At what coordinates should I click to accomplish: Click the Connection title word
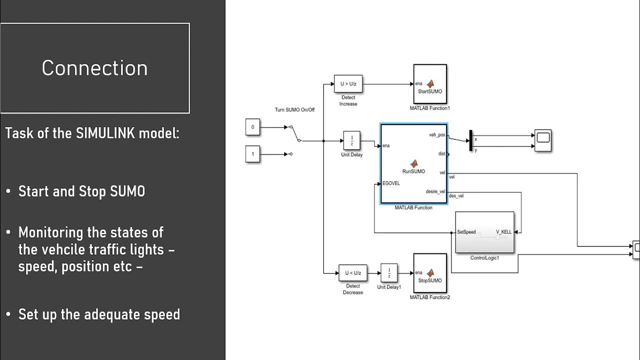(94, 68)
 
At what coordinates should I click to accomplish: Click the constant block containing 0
(252, 127)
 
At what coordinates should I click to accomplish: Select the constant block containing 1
(252, 154)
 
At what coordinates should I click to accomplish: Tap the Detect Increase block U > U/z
(348, 84)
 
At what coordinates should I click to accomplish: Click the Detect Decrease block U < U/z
(352, 273)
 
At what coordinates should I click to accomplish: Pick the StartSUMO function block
(430, 84)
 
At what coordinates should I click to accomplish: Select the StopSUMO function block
(430, 273)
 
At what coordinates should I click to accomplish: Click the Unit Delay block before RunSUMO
(351, 140)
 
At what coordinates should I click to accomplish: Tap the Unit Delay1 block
(389, 273)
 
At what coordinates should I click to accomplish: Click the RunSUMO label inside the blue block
(413, 171)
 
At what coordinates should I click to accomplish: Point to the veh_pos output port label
(436, 135)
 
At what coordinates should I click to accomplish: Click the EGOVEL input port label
(391, 183)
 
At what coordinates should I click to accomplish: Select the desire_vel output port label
(435, 191)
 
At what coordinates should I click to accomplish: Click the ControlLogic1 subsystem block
(484, 232)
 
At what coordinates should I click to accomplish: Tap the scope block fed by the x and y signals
(543, 140)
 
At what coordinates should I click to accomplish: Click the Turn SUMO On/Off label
(294, 109)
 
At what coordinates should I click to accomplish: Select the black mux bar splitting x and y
(470, 140)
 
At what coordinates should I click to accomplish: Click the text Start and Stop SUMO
(81, 191)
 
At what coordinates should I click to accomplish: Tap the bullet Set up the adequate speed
(99, 314)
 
